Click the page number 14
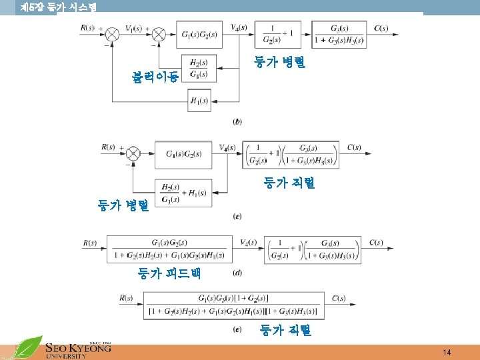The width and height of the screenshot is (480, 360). click(447, 352)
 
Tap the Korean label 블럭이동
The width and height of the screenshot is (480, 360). click(154, 77)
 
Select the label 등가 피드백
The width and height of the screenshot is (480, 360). click(169, 273)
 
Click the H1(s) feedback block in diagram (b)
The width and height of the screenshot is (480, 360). click(199, 101)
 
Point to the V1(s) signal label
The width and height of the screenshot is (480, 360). click(133, 28)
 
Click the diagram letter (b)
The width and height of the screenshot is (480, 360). click(237, 121)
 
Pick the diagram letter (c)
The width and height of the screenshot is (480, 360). click(237, 216)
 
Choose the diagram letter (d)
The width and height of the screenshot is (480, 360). click(237, 273)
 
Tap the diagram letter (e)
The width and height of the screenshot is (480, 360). click(237, 329)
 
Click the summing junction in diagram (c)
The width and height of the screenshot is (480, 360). click(133, 154)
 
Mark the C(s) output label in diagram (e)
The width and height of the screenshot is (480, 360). click(338, 298)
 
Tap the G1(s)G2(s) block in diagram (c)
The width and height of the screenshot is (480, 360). click(183, 155)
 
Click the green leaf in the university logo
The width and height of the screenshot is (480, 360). click(27, 347)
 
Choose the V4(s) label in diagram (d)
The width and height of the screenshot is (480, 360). click(248, 241)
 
